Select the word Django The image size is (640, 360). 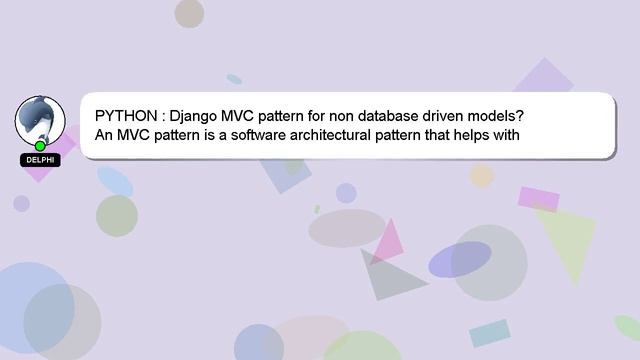[x=194, y=115]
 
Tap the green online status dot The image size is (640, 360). [x=40, y=146]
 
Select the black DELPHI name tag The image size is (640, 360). [x=41, y=160]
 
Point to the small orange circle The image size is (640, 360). [x=482, y=176]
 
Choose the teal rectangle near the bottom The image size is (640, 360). [x=490, y=333]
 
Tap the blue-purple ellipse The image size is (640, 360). [x=459, y=259]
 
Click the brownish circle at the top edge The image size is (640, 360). [x=189, y=12]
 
